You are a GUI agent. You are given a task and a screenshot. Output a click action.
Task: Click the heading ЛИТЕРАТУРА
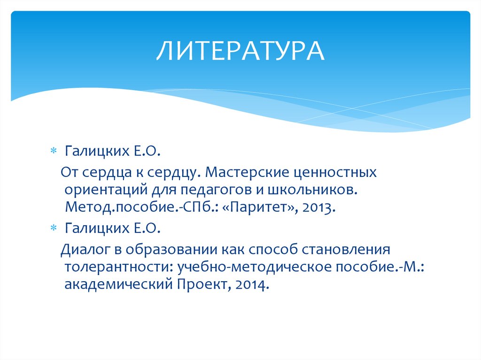[240, 51]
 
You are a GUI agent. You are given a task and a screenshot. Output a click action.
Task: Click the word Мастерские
[246, 173]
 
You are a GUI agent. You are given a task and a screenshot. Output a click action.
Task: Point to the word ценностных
[334, 173]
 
